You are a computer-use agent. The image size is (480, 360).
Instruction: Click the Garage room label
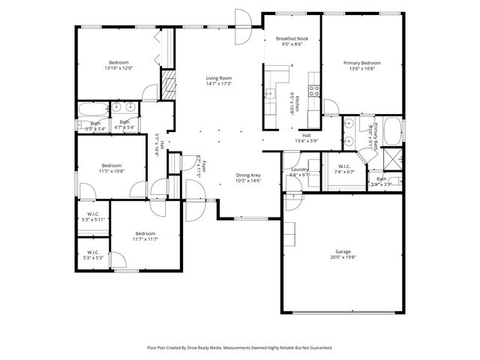tap(343, 251)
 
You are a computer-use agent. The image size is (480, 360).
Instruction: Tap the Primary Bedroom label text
tap(361, 63)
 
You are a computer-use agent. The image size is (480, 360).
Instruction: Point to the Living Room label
tap(220, 78)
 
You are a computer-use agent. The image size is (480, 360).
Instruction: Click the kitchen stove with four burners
tap(314, 91)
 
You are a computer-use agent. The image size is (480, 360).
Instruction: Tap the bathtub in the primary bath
tap(391, 127)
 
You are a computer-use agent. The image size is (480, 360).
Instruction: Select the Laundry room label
tap(300, 170)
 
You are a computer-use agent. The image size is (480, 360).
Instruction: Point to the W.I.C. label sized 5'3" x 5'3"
tap(94, 252)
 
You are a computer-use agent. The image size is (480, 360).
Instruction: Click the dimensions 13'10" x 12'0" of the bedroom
tap(118, 68)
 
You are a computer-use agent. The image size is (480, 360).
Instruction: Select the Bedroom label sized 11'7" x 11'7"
tap(145, 233)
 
